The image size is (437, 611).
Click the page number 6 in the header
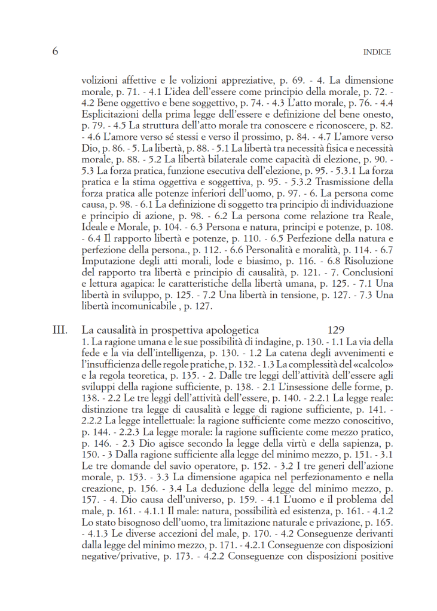point(55,51)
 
